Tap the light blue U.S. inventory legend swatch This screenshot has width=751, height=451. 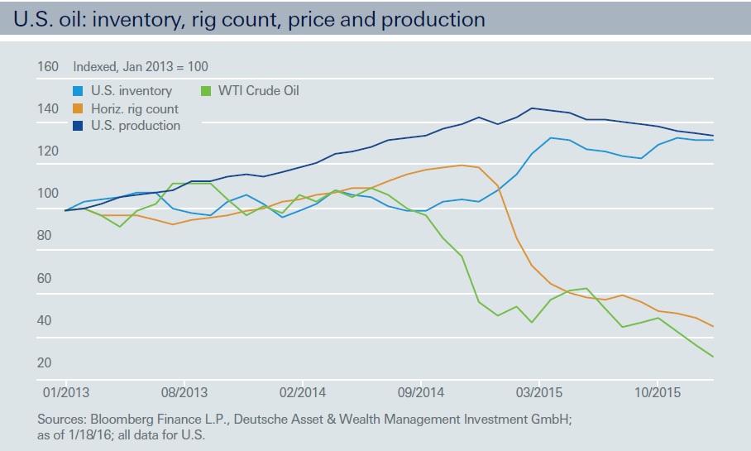(79, 91)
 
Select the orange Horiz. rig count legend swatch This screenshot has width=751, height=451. (79, 108)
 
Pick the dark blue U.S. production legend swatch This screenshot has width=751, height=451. (79, 126)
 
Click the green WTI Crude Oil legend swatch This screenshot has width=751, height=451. (208, 91)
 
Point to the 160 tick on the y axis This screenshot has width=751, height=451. (47, 66)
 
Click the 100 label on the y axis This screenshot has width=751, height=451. (47, 193)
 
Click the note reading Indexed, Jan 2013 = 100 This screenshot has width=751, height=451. (141, 66)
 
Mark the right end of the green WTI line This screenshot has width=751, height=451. (713, 357)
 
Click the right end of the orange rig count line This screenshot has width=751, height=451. (713, 326)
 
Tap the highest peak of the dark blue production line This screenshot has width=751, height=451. (532, 108)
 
